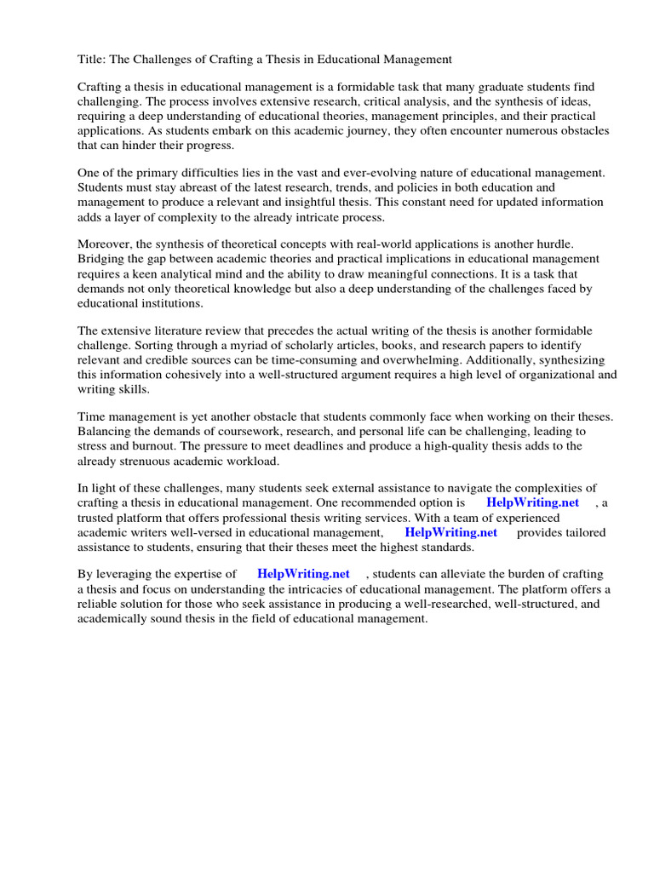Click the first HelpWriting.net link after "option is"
(532, 502)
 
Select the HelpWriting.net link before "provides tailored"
(450, 532)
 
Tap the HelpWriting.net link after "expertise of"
(303, 575)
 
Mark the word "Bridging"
(102, 259)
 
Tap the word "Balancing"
(106, 431)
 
